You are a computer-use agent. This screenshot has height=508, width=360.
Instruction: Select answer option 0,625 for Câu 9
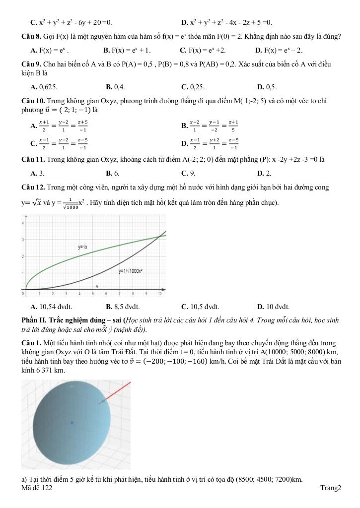click(48, 87)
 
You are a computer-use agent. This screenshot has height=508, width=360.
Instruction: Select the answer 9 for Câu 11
click(192, 173)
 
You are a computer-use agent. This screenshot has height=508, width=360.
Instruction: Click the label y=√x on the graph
click(83, 246)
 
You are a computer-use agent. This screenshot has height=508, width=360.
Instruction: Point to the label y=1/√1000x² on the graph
click(131, 271)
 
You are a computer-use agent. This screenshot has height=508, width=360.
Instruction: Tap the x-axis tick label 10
click(159, 294)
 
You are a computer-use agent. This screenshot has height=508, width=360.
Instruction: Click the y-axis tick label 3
click(23, 240)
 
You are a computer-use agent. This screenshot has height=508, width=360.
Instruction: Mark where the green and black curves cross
click(159, 236)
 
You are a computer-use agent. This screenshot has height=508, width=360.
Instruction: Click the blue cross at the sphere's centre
click(72, 423)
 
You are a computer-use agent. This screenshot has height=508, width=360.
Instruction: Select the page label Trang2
click(331, 489)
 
